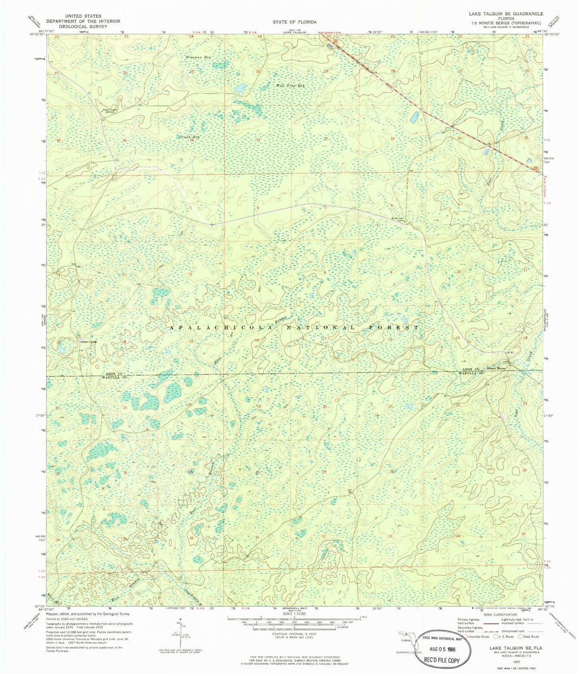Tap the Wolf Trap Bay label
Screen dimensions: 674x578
pyautogui.click(x=290, y=85)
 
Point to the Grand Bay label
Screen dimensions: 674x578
pyautogui.click(x=189, y=137)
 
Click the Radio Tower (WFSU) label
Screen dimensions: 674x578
pyautogui.click(x=109, y=111)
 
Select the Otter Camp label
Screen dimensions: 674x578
pyautogui.click(x=88, y=342)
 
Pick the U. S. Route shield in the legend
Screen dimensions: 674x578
pyautogui.click(x=496, y=636)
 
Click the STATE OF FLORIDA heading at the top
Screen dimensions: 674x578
pyautogui.click(x=294, y=22)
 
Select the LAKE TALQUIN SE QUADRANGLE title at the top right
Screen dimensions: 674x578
pyautogui.click(x=506, y=14)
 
